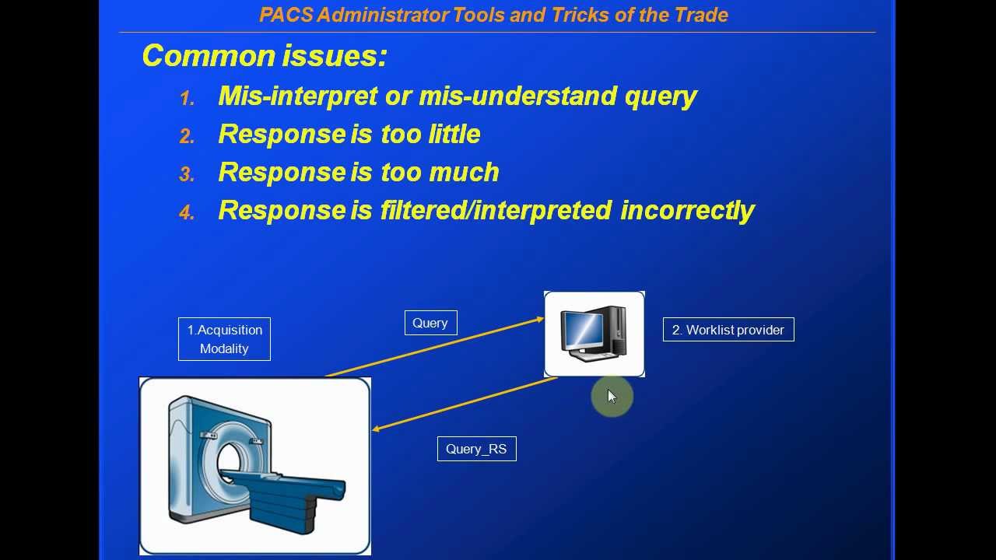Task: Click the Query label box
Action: click(430, 323)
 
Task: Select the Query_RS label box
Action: click(476, 449)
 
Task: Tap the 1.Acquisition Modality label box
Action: click(224, 339)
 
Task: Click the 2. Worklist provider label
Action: click(728, 330)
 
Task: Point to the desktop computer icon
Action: click(594, 334)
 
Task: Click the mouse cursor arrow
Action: click(611, 396)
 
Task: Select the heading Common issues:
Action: click(264, 56)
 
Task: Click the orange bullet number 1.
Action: click(187, 99)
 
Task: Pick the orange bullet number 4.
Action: click(187, 213)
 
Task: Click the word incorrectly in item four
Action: click(687, 210)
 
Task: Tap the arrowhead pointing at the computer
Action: click(538, 318)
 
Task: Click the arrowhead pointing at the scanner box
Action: click(377, 429)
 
